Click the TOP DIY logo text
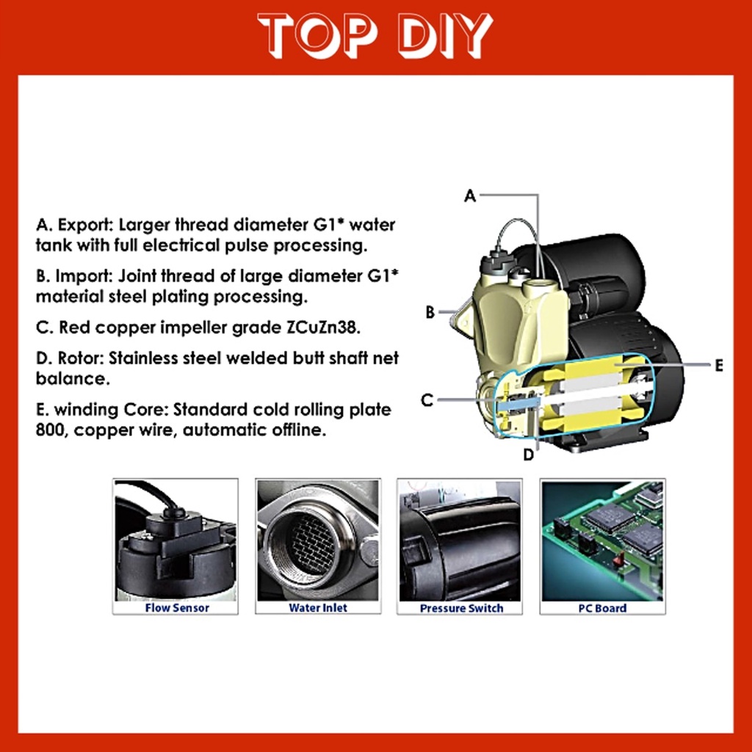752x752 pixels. [375, 35]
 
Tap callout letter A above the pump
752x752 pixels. [470, 195]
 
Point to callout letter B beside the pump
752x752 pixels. [430, 312]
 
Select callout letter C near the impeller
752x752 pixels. [427, 400]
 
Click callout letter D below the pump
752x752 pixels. [528, 454]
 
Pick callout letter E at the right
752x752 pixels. [718, 366]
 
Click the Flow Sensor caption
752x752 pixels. [177, 607]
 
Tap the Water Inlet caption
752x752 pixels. [317, 607]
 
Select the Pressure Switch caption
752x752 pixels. [461, 608]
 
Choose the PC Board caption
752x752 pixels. [602, 608]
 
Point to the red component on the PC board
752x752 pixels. [619, 559]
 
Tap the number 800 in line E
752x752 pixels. [50, 430]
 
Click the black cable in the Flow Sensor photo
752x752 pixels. [148, 495]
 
